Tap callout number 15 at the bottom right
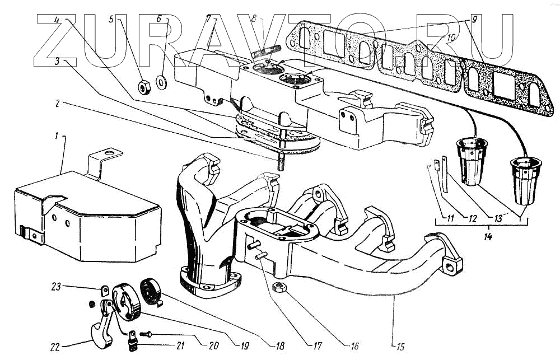tap(400, 346)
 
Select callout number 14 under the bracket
tap(488, 236)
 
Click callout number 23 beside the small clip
tap(56, 287)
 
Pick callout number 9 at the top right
tap(474, 19)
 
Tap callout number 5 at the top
tap(111, 18)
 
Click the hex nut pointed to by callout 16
tap(278, 287)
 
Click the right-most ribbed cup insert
tap(526, 181)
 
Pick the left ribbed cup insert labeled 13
tap(472, 161)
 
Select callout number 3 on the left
tap(57, 61)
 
